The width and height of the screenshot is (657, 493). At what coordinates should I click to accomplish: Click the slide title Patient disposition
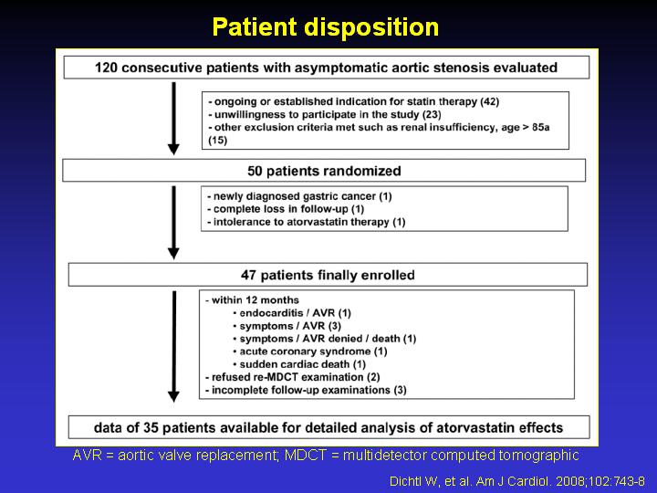point(326,27)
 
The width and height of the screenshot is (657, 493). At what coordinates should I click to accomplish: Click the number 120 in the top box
point(106,68)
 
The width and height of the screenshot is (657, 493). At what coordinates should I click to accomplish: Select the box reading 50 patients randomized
point(324,170)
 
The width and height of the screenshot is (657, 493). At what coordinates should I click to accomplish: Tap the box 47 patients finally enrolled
point(328,275)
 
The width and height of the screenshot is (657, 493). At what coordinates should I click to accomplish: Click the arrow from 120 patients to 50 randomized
point(173,118)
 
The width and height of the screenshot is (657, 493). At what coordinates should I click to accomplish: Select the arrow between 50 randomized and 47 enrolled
point(173,223)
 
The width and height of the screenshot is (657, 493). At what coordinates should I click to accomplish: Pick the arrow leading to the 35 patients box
point(174,346)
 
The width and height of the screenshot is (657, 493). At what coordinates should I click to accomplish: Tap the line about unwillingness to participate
point(325,114)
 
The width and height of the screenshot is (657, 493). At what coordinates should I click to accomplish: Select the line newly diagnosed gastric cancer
point(299,196)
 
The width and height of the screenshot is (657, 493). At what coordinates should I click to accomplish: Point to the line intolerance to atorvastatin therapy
point(307,222)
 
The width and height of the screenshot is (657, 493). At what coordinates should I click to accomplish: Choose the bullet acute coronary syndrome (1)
point(310,351)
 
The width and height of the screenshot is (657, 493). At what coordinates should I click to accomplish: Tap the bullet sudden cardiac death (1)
point(299,364)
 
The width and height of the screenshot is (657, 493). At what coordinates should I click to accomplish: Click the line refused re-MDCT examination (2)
point(293,377)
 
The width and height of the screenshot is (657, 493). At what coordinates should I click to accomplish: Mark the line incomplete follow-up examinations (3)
point(306,391)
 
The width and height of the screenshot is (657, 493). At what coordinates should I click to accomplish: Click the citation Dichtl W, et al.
point(517,481)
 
